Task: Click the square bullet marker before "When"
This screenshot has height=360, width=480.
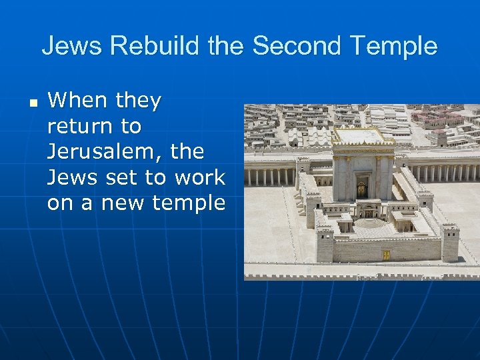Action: click(x=33, y=102)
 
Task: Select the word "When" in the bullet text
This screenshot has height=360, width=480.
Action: click(x=77, y=101)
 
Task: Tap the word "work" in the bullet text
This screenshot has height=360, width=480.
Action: click(x=199, y=177)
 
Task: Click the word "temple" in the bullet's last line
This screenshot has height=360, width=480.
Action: click(x=193, y=203)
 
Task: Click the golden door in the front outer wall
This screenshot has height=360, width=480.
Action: click(x=386, y=255)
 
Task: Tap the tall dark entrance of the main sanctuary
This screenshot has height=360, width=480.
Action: click(x=361, y=187)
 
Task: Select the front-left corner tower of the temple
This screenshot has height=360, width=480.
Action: click(x=325, y=244)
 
